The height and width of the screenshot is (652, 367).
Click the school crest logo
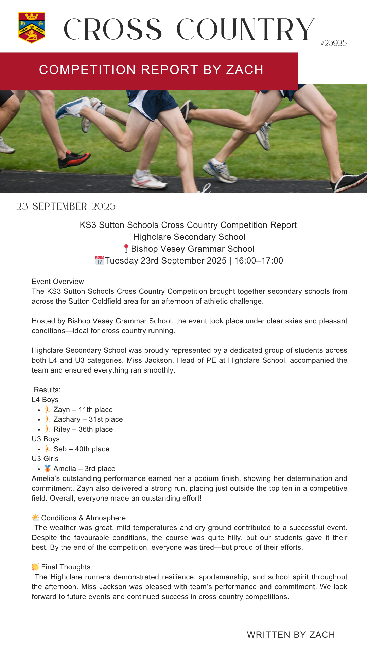[32, 28]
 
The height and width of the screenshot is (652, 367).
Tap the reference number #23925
[334, 43]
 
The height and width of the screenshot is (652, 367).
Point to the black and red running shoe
[74, 159]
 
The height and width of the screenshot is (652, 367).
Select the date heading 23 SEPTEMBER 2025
[66, 206]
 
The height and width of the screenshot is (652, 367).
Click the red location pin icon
[126, 249]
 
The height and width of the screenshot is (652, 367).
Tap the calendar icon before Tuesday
[100, 260]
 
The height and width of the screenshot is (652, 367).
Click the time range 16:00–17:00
[259, 260]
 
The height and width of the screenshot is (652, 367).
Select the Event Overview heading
[58, 282]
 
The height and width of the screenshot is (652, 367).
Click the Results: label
[47, 390]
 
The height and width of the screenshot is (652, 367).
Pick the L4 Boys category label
[45, 400]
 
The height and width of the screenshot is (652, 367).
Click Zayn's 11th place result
[83, 410]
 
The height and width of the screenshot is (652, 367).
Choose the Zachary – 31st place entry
[88, 419]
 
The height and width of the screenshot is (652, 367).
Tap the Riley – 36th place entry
[83, 429]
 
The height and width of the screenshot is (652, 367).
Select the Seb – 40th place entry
[81, 449]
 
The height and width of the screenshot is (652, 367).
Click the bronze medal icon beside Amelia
[48, 469]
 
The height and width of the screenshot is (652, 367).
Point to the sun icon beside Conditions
[35, 518]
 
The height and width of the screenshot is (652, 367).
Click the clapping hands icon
[35, 567]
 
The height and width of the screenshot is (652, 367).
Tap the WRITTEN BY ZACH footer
[291, 635]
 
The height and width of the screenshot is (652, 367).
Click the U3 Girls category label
[45, 459]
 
